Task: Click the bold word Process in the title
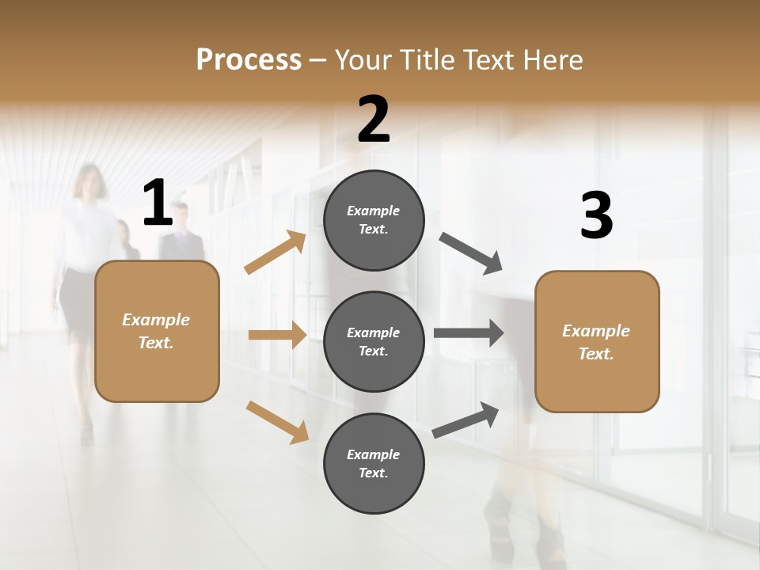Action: (x=249, y=59)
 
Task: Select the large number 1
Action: (x=158, y=203)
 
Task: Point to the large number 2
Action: (x=374, y=120)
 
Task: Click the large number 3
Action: (x=596, y=215)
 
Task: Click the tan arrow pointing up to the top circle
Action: (x=275, y=253)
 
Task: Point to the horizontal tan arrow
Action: (x=277, y=335)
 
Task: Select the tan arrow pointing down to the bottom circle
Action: (x=277, y=421)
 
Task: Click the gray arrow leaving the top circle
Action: (x=471, y=253)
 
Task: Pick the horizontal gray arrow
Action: (x=469, y=333)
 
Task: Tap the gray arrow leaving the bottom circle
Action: (x=465, y=420)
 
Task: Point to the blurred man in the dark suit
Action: (x=182, y=237)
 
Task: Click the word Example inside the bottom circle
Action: (x=374, y=454)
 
